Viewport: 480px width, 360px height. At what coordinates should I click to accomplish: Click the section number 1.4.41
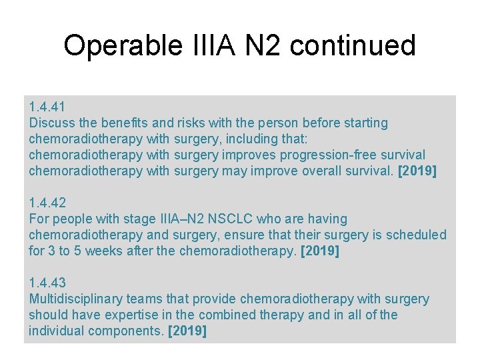47,107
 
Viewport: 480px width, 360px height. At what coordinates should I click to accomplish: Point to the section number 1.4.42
47,203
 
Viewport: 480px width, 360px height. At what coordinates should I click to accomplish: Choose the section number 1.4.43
47,283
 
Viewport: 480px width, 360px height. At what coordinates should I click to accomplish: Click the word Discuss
52,123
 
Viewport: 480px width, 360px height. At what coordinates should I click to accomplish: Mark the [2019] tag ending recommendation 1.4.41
417,171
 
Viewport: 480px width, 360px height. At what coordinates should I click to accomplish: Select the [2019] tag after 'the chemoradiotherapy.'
320,251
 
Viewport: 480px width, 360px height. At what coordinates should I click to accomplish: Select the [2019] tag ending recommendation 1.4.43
188,331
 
